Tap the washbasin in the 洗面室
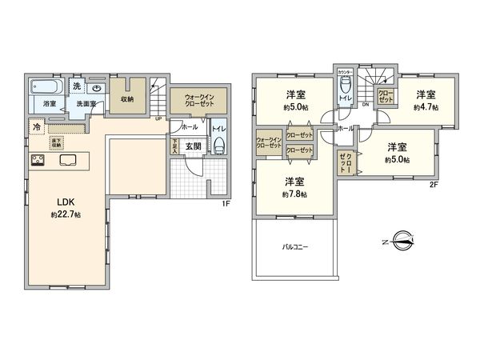(96, 89)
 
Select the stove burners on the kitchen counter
(37, 160)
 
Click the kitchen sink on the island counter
(66, 159)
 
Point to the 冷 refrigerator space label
(37, 126)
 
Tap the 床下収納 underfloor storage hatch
(57, 143)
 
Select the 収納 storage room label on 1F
(127, 99)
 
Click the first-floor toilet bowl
(218, 146)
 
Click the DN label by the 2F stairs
(365, 104)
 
